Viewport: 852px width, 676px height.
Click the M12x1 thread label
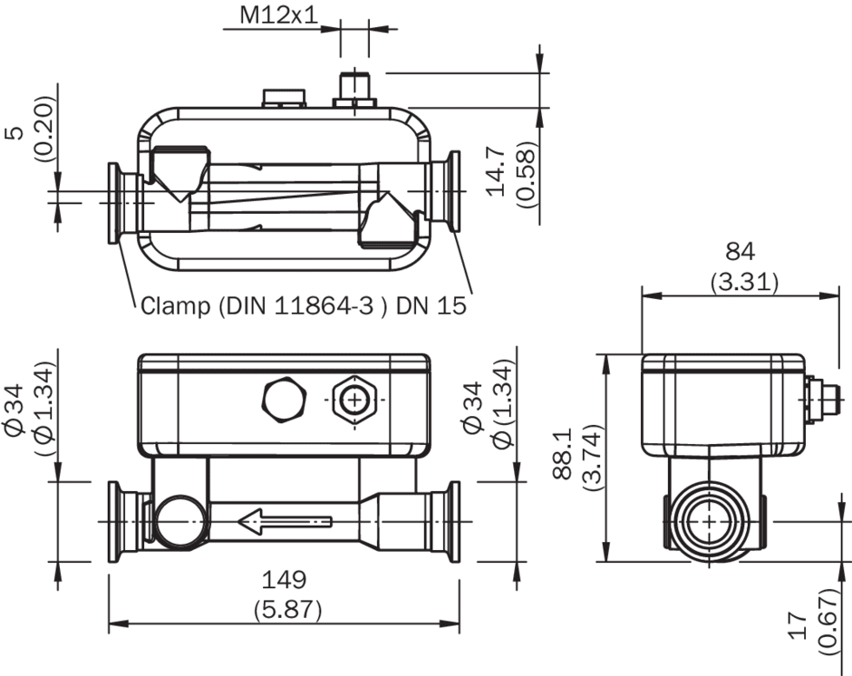[278, 15]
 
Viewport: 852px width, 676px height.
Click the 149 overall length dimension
[285, 580]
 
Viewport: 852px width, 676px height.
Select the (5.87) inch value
[288, 610]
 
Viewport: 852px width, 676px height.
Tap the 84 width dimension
[741, 252]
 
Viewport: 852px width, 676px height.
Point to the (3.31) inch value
[744, 282]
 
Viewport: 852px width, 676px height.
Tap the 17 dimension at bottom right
[797, 625]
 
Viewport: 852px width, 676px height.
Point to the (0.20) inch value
[45, 129]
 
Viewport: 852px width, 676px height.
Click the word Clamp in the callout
[176, 306]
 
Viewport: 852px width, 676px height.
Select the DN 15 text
[431, 306]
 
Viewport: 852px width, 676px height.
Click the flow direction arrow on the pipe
[285, 522]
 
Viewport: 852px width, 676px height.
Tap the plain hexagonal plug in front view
[285, 400]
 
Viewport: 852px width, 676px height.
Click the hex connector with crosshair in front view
[354, 401]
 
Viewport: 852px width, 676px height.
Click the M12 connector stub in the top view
[354, 90]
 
